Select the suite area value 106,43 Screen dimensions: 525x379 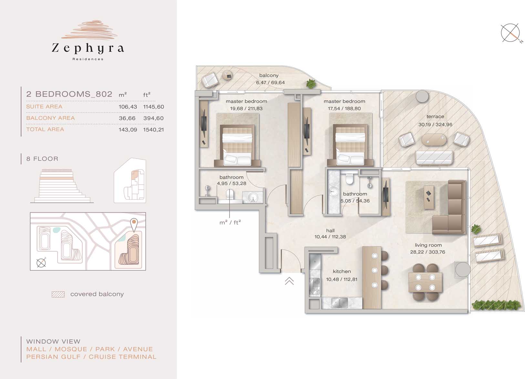tap(128, 107)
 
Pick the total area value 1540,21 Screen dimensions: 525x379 tap(153, 130)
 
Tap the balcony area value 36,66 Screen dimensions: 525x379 tap(127, 118)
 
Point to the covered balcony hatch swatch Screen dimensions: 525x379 tap(58, 294)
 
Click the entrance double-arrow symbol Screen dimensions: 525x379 tap(289, 281)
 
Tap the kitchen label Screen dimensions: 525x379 tap(342, 271)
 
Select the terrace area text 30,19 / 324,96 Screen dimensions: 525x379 tap(435, 124)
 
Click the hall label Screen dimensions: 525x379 tap(330, 231)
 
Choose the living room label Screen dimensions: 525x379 tap(428, 245)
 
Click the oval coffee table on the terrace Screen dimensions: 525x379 tap(434, 140)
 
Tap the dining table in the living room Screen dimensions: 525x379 tap(425, 282)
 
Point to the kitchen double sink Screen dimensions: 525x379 tap(339, 303)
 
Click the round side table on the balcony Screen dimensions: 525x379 tap(227, 76)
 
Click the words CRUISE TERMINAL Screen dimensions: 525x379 tap(122, 357)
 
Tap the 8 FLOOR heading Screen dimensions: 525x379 tap(42, 159)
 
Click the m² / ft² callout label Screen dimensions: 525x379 tap(230, 222)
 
